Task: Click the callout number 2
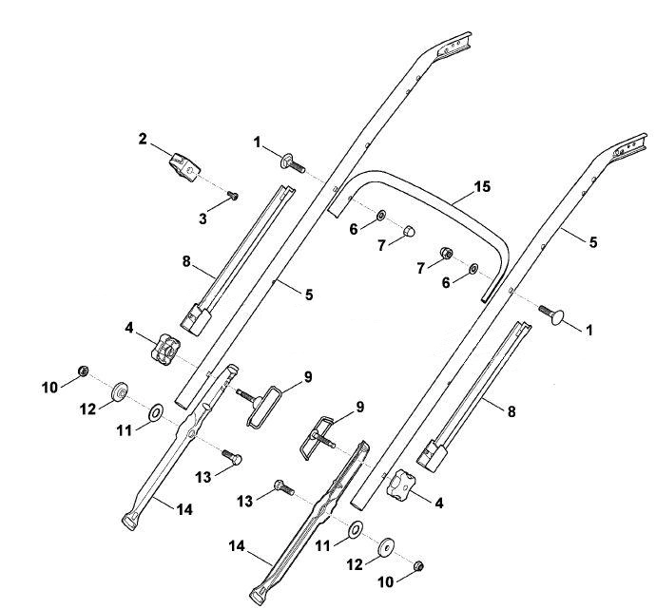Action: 143,139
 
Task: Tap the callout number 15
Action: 482,186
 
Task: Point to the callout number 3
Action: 203,219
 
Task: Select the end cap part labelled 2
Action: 184,167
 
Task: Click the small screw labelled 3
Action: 233,195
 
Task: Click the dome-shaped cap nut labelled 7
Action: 409,231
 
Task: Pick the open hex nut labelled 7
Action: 446,253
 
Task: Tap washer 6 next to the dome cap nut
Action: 381,216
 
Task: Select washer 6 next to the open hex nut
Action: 473,269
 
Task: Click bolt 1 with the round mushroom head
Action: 551,314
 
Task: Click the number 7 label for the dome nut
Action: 381,246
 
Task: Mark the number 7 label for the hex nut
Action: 421,268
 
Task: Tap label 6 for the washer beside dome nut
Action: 354,229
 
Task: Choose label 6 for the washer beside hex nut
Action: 446,283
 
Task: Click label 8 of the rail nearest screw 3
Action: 186,261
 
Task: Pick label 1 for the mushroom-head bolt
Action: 589,331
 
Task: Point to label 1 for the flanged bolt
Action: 257,143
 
